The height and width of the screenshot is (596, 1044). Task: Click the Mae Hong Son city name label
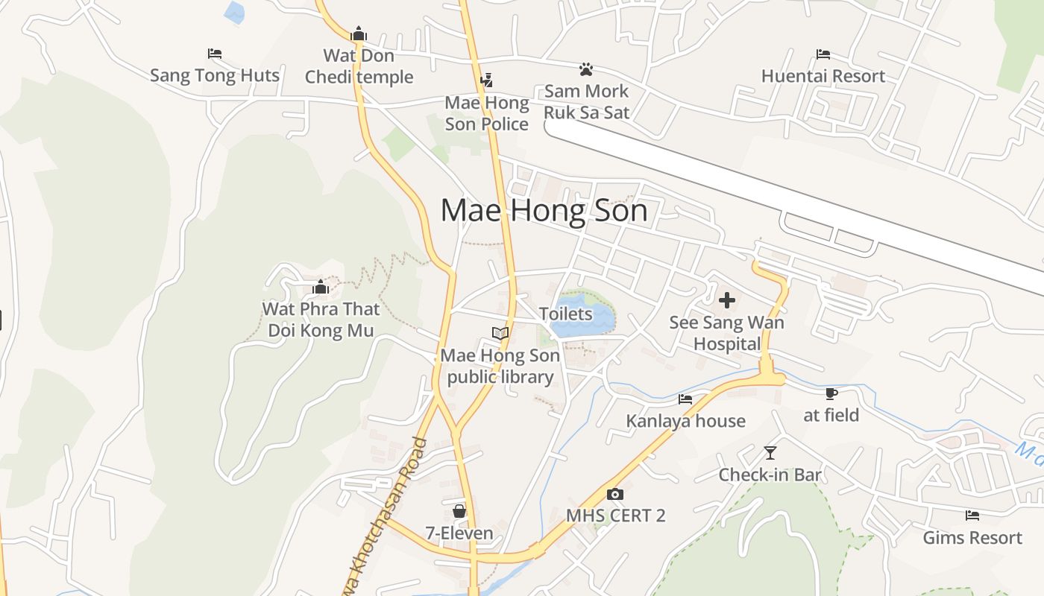544,211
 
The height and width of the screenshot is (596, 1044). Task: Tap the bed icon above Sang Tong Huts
215,54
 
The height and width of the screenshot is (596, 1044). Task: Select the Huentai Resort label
823,76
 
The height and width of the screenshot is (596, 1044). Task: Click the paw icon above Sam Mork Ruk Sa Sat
586,69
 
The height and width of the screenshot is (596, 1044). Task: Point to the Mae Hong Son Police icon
487,80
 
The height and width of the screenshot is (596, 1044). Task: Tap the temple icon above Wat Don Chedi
359,34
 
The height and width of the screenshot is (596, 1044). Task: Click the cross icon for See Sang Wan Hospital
726,301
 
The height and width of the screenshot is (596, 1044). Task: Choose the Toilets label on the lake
566,314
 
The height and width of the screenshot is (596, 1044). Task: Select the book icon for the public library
500,333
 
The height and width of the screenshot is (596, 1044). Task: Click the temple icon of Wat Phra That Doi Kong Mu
321,287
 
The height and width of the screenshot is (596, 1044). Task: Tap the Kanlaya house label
685,421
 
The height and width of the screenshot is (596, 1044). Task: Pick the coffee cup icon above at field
831,393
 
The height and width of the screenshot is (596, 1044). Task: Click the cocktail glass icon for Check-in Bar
770,452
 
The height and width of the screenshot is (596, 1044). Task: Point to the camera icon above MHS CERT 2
614,493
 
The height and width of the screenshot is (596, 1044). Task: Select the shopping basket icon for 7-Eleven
459,511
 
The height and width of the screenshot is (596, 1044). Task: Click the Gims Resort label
972,537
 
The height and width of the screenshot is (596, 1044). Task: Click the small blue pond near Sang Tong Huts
234,12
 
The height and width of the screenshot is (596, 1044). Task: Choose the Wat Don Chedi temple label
359,66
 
